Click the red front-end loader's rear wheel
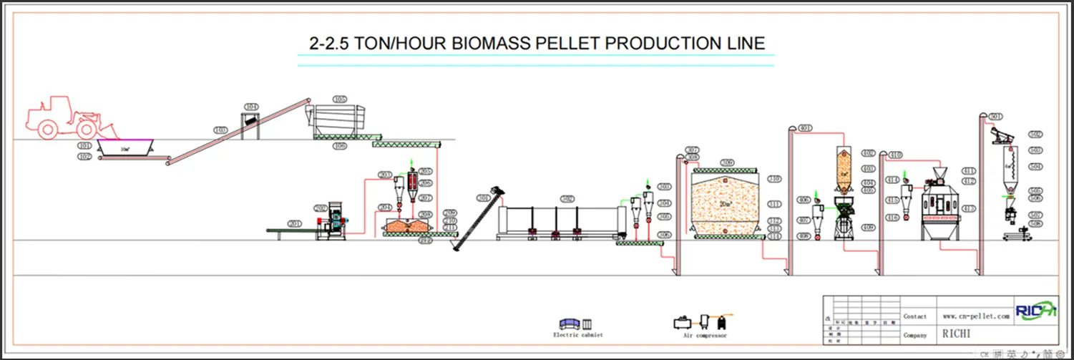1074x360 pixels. [x=48, y=129]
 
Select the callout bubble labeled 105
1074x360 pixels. [x=340, y=99]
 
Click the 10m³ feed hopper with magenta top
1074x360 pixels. [x=125, y=147]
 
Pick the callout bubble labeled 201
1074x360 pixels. [x=293, y=223]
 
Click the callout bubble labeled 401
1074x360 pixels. [x=805, y=128]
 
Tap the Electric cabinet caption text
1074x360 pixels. [x=578, y=335]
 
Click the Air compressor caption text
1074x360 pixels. [x=704, y=336]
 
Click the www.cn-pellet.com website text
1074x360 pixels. [x=976, y=316]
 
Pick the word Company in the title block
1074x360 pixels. [x=914, y=335]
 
